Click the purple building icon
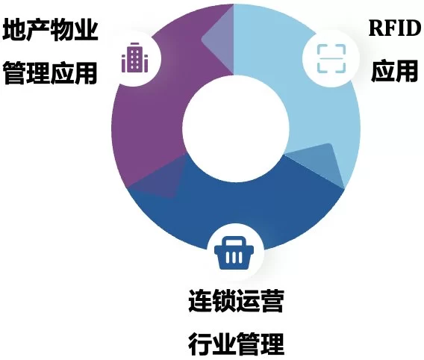pos(134,58)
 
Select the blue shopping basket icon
pos(234,253)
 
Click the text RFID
pos(395,28)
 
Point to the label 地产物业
pos(50,29)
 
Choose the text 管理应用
pos(50,72)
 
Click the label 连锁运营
pos(236,300)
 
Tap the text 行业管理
pos(236,344)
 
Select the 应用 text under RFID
pos(394,71)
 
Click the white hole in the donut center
pos(236,129)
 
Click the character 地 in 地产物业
pos(15,29)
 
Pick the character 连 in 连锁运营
pos(200,300)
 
